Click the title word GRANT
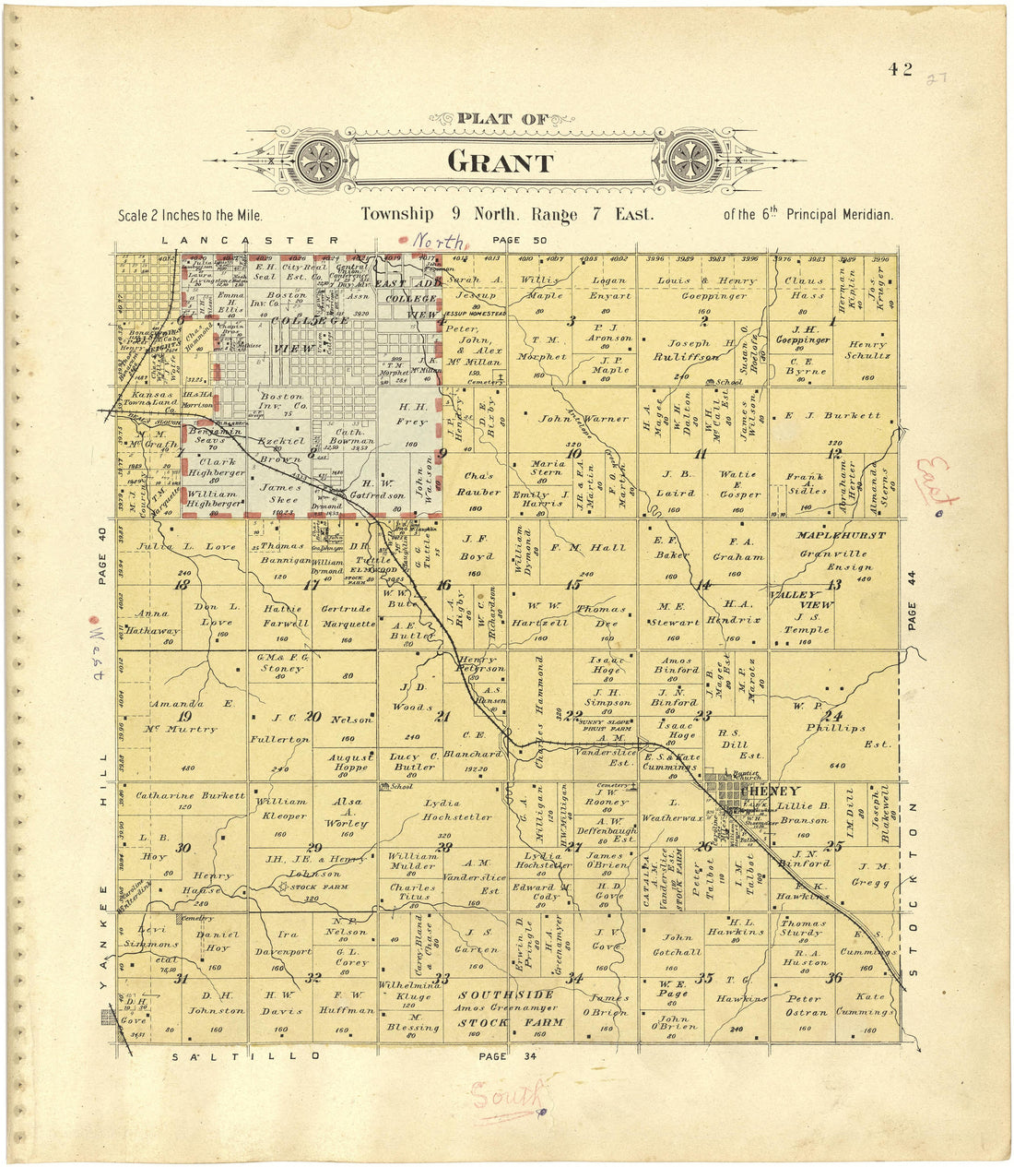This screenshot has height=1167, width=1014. coord(501,162)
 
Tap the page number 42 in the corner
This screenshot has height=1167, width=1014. coord(901,69)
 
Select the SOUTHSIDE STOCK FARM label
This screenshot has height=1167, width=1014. coord(508,1008)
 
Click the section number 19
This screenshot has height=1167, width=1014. coord(183,716)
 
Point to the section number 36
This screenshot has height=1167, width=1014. coord(834,978)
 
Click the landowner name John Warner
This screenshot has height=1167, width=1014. coord(571,419)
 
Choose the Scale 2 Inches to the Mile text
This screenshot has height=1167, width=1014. coord(191,216)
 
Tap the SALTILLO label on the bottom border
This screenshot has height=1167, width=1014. coord(245,1055)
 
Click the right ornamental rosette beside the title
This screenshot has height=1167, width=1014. coord(690,160)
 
